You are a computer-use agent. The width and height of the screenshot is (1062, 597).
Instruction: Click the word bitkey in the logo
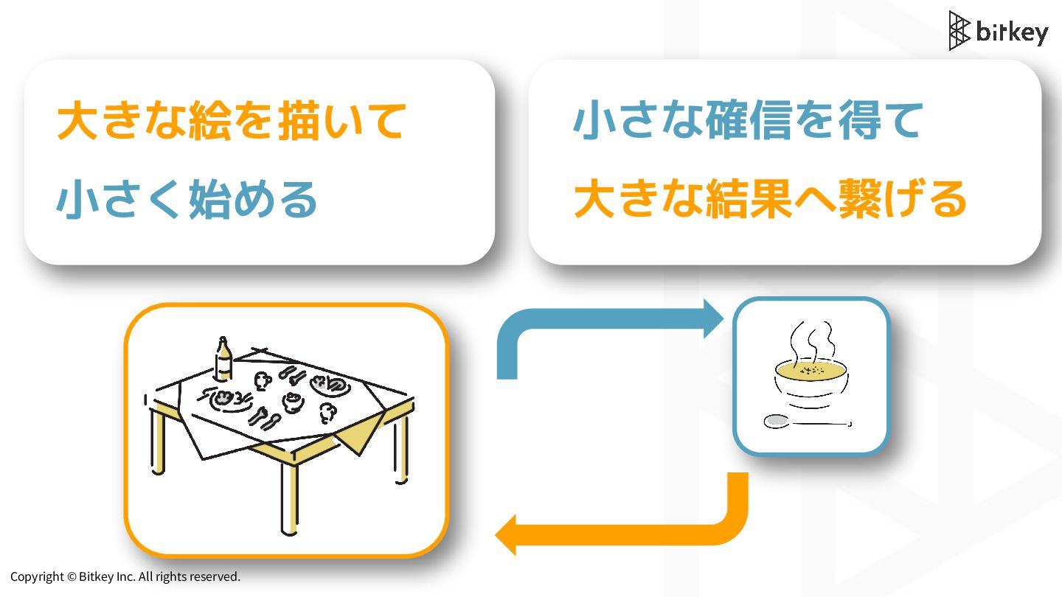1012,32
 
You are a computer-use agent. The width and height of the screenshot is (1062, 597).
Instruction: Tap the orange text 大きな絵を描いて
231,121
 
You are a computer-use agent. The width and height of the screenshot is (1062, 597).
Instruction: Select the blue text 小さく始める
187,199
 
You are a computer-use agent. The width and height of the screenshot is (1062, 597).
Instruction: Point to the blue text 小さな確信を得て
748,121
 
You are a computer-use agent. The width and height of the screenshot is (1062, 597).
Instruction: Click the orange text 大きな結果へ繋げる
770,199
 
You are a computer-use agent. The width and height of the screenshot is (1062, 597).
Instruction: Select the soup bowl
811,383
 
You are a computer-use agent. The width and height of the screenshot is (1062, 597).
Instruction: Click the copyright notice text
125,576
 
